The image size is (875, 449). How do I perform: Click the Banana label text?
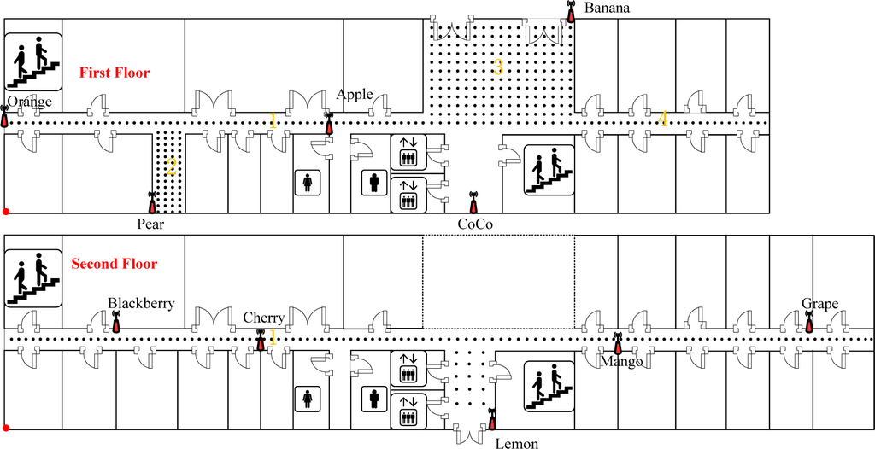(608, 9)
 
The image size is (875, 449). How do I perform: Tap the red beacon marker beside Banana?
(571, 14)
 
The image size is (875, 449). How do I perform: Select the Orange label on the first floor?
(30, 102)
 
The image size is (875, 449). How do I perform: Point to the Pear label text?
(150, 224)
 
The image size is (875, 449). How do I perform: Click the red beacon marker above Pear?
(152, 203)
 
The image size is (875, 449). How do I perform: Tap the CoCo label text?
(474, 224)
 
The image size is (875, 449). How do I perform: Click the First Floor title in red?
(115, 73)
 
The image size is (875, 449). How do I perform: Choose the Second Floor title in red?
(114, 265)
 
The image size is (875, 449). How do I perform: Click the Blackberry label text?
(141, 303)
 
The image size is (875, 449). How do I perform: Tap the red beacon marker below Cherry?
(261, 341)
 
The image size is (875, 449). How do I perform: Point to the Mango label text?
(621, 361)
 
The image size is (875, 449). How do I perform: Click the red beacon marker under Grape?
(809, 323)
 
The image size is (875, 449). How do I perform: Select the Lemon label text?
(517, 444)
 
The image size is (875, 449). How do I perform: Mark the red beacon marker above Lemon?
(491, 420)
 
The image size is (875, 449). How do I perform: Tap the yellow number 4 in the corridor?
(662, 120)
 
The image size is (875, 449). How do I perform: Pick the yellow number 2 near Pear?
(171, 167)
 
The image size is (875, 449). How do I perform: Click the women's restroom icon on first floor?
(307, 182)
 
